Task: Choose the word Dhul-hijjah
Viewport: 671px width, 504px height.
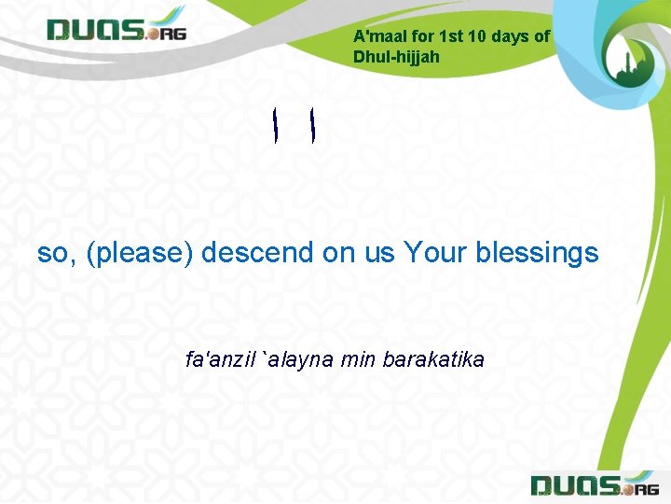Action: point(396,56)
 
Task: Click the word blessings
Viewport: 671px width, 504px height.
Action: point(537,253)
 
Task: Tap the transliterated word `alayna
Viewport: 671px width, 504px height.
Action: point(299,359)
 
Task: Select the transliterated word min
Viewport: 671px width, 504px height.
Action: point(357,359)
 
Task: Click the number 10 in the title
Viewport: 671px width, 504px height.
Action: point(477,36)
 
